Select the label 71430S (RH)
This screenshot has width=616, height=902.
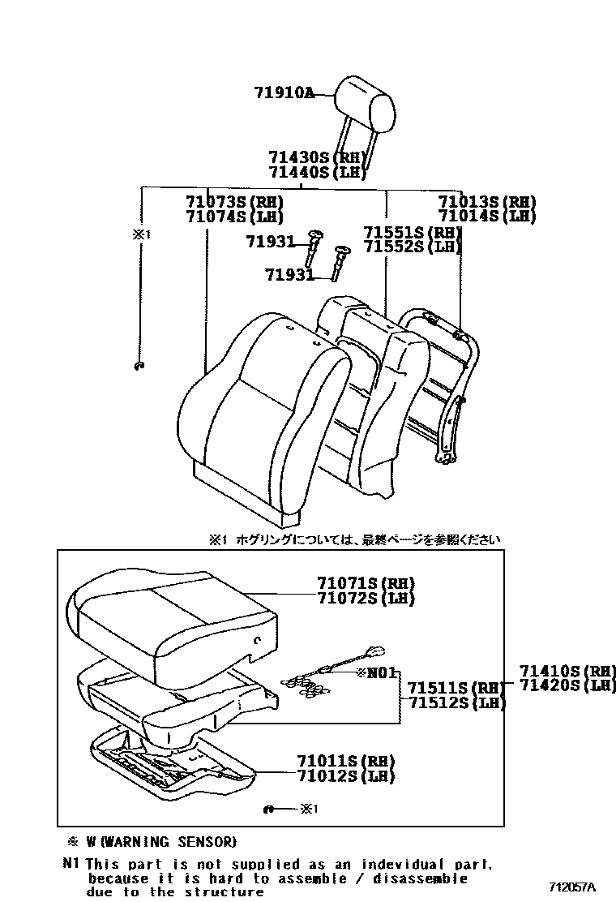[317, 157]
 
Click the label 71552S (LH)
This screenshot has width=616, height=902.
[413, 247]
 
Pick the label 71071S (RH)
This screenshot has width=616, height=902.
[355, 584]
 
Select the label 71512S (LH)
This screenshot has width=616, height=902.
[456, 703]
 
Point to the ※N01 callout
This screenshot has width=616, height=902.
[378, 672]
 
